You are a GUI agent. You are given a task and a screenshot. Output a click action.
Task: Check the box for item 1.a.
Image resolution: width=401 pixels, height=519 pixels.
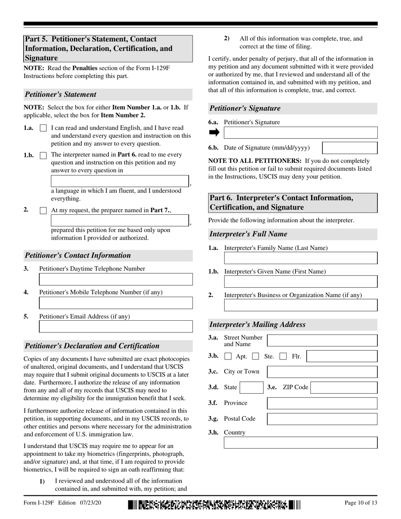[43, 128]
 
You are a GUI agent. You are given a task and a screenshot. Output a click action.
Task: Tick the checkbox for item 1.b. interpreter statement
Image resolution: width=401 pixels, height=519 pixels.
[43, 155]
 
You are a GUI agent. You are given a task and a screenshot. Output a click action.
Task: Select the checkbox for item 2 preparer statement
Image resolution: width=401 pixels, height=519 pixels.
[43, 210]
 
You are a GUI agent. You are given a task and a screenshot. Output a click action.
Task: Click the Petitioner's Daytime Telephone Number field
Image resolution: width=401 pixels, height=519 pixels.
[116, 279]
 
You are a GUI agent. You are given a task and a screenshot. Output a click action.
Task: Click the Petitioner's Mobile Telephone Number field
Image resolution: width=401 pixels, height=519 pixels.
[116, 303]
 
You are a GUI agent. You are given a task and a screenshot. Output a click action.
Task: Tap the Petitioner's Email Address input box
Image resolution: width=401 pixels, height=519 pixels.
[116, 327]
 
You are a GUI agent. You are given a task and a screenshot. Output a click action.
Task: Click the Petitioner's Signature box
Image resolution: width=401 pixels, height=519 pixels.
[300, 133]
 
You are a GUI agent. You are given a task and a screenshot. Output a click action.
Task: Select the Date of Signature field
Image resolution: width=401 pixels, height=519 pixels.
[350, 148]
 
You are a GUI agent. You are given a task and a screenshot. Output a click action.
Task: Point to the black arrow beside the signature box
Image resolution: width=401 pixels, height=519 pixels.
[214, 132]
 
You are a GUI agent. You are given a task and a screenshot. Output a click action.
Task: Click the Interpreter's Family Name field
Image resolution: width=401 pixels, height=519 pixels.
[300, 258]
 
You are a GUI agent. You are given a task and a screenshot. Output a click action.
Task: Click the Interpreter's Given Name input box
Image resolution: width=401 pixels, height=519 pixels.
[300, 282]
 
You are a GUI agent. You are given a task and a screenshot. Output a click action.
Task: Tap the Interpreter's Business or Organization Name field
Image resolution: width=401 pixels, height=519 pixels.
[300, 305]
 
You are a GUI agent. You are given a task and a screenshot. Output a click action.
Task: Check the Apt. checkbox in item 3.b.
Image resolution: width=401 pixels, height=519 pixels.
[228, 356]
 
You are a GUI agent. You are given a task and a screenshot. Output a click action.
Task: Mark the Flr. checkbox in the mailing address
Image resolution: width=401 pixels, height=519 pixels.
[283, 356]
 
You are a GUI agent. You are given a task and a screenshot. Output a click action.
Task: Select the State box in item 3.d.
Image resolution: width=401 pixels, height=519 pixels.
[252, 387]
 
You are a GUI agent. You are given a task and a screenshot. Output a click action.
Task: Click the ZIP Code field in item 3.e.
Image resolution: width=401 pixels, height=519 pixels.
[344, 387]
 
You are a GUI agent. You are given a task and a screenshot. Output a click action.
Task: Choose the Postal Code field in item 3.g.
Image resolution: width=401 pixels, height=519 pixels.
[322, 419]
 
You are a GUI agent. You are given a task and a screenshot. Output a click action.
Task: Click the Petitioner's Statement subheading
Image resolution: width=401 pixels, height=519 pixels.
[61, 95]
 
